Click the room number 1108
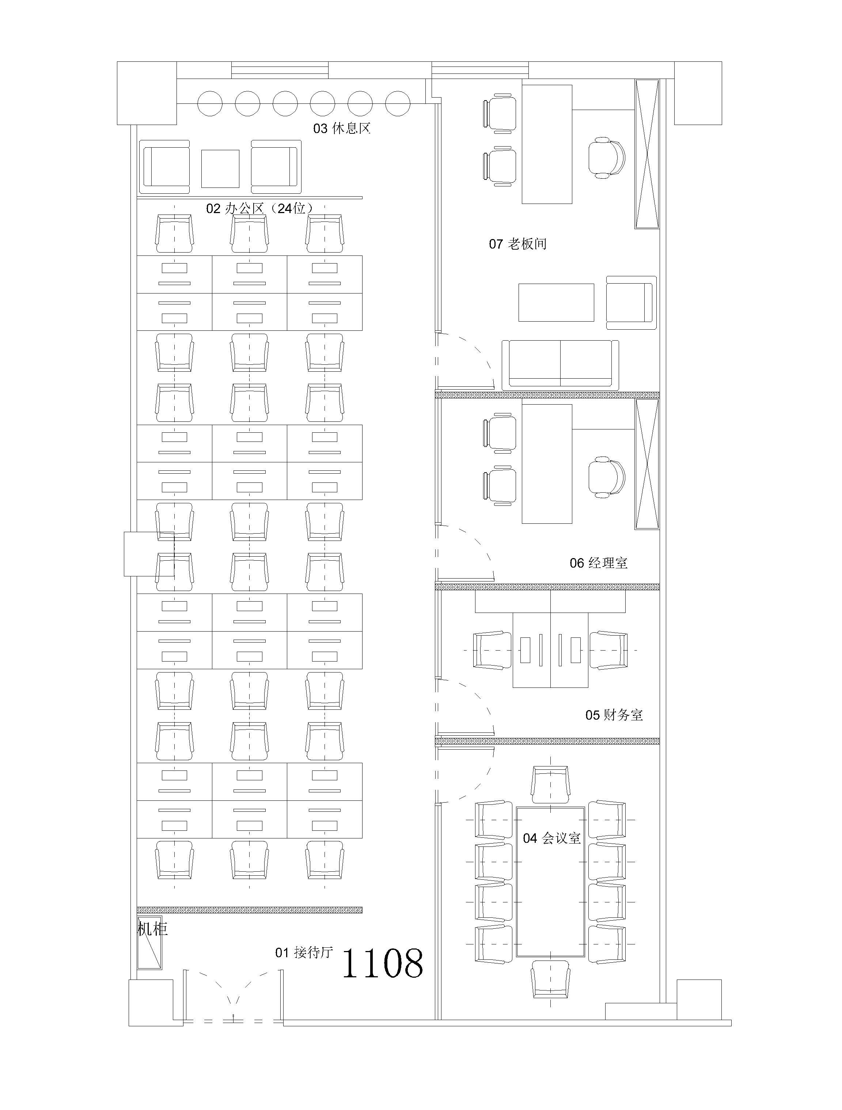pyautogui.click(x=382, y=963)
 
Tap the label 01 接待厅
pyautogui.click(x=304, y=952)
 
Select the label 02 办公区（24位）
pyautogui.click(x=260, y=208)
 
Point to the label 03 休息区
pyautogui.click(x=342, y=128)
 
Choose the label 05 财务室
pyautogui.click(x=614, y=715)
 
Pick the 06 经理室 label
pyautogui.click(x=598, y=563)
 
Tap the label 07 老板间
pyautogui.click(x=518, y=244)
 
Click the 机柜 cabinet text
pyautogui.click(x=152, y=929)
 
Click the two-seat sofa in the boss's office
pyautogui.click(x=560, y=364)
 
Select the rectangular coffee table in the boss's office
pyautogui.click(x=556, y=303)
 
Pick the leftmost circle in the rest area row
pyautogui.click(x=210, y=103)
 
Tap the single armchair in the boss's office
pyautogui.click(x=631, y=303)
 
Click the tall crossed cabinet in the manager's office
pyautogui.click(x=647, y=464)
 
